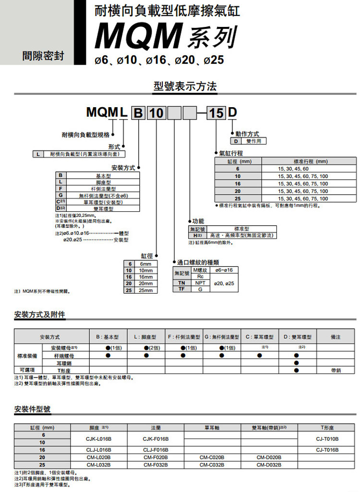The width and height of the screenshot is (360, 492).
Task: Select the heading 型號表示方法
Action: click(x=185, y=86)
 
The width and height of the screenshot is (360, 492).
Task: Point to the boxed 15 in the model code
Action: click(x=216, y=114)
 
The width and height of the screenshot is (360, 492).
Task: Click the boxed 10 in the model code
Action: click(x=156, y=114)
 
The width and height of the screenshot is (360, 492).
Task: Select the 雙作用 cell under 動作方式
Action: click(x=254, y=141)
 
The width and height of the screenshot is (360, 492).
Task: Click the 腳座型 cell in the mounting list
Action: click(x=103, y=182)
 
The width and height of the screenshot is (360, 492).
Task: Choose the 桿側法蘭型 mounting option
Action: click(x=103, y=189)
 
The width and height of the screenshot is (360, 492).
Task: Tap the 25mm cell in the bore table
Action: click(x=145, y=290)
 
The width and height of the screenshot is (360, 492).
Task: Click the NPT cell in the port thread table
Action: click(x=201, y=283)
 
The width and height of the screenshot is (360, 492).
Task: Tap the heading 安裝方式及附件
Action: click(x=40, y=315)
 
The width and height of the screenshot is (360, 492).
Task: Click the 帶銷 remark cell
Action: click(x=336, y=370)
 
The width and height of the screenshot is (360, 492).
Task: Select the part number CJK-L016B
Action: click(x=99, y=439)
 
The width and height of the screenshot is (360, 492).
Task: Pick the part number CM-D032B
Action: click(x=269, y=465)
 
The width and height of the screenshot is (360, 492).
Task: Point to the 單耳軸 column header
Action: click(x=212, y=427)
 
